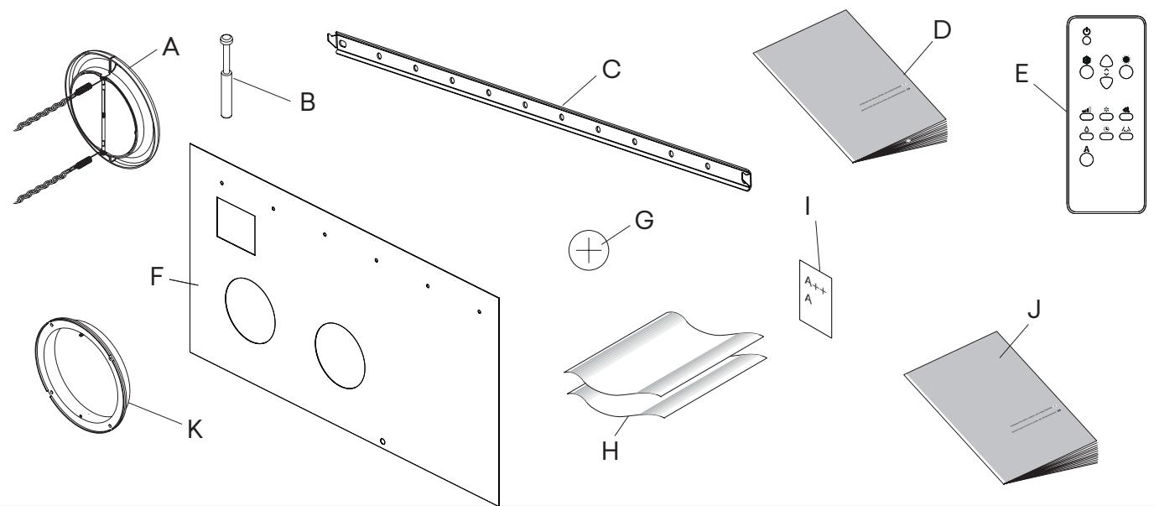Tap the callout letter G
642,222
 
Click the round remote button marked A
1087,159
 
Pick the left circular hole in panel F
249,310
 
